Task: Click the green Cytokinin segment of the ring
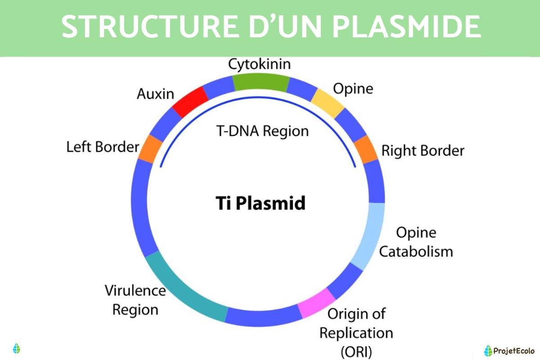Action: click(261, 82)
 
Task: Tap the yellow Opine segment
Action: click(328, 103)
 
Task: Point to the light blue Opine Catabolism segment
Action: click(370, 236)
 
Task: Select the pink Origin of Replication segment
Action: click(317, 304)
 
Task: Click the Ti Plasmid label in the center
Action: click(260, 203)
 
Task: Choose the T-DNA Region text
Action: click(263, 131)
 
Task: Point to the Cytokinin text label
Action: click(259, 64)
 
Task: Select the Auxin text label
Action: click(155, 94)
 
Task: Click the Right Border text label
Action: click(422, 150)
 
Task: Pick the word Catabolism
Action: click(415, 251)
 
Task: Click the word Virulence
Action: click(135, 290)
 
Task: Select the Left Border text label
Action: click(103, 147)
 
